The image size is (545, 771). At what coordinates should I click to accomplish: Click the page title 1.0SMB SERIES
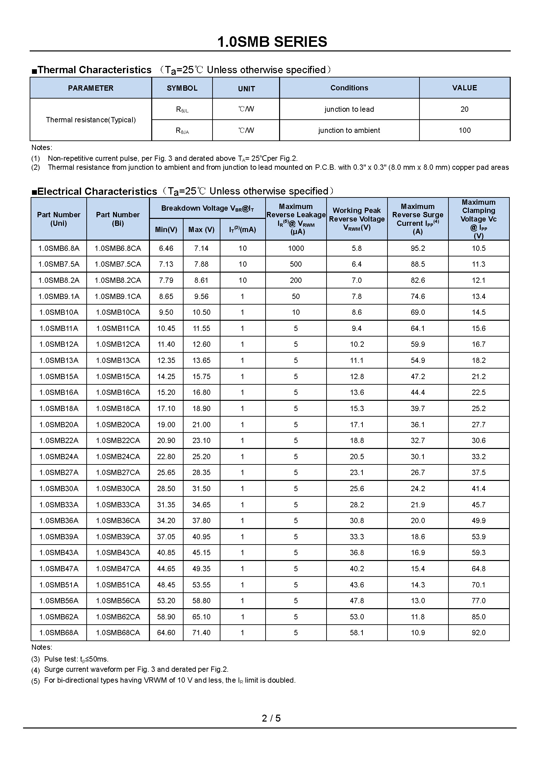tap(272, 42)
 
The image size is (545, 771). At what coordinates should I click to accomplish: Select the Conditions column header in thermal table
tap(349, 88)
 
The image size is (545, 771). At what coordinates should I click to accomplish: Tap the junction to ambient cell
tap(349, 130)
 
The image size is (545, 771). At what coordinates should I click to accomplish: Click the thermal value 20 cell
tap(465, 109)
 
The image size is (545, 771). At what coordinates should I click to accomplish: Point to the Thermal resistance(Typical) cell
tap(91, 120)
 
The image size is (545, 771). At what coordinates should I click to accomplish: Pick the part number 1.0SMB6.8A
tap(59, 249)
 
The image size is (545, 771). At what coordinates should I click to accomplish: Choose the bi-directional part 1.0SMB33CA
tap(118, 505)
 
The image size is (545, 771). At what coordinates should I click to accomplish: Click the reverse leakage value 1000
tap(296, 249)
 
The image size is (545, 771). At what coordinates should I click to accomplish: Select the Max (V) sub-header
tap(201, 230)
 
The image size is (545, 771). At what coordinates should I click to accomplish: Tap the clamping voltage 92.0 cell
tap(478, 633)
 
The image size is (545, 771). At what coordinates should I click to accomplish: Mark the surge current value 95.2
tap(418, 249)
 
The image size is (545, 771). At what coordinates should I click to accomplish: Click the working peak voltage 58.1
tap(357, 633)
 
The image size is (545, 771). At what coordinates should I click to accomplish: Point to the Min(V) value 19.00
tap(166, 425)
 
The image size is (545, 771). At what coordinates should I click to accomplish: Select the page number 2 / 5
tap(271, 718)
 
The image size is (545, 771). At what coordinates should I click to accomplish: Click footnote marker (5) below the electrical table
tap(36, 681)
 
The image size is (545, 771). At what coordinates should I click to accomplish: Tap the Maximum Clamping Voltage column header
tap(478, 219)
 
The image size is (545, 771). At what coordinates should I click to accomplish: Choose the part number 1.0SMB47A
tap(59, 569)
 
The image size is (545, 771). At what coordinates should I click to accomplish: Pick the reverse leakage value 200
tap(296, 281)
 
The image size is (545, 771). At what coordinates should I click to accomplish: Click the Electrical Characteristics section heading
tap(97, 192)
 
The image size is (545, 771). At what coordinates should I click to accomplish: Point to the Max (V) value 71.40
tap(201, 633)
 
